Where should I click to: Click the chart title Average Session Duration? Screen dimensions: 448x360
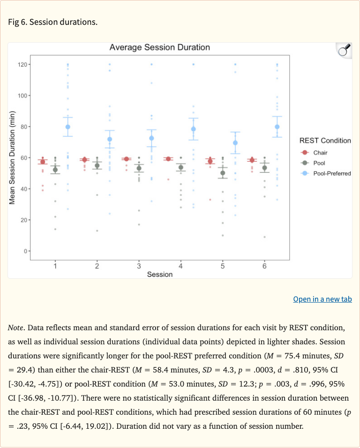point(159,47)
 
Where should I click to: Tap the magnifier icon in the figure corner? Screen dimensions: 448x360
point(344,50)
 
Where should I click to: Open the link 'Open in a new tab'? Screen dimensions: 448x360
point(322,299)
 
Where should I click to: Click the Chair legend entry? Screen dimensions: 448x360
point(320,152)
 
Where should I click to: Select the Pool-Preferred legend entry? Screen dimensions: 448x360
point(332,173)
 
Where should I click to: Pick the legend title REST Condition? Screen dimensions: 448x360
point(324,140)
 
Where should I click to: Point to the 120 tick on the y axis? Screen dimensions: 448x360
point(22,64)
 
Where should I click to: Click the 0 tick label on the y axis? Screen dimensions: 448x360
point(24,251)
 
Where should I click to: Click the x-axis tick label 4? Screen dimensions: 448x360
point(180,266)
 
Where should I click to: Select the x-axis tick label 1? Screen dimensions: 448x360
point(55,266)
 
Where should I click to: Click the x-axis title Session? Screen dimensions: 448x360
point(159,274)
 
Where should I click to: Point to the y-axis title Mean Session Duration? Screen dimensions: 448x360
point(13,158)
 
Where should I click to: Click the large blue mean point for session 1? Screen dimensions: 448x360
point(68,127)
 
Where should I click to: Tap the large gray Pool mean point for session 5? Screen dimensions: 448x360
point(223,173)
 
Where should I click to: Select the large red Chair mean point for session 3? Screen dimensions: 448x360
point(126,159)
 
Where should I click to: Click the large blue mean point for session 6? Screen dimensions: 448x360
point(277,127)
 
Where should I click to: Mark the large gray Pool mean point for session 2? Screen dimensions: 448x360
point(97,166)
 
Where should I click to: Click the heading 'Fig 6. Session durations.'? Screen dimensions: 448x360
point(53,22)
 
